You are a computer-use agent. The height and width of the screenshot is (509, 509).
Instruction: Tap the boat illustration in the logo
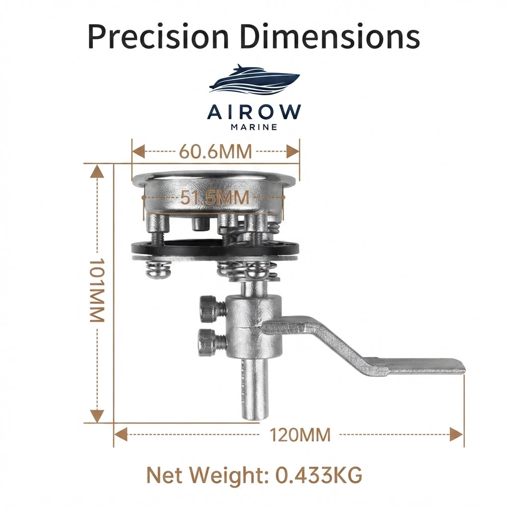point(254,80)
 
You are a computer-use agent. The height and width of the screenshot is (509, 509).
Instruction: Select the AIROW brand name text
point(254,112)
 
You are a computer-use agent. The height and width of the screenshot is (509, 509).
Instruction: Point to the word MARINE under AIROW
point(254,127)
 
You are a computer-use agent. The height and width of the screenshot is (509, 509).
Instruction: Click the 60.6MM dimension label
point(216,151)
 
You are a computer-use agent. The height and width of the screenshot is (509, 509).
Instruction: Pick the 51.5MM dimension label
point(215,198)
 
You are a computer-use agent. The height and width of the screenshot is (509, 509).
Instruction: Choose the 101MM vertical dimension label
point(97,290)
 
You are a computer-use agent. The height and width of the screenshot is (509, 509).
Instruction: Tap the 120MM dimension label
point(300,434)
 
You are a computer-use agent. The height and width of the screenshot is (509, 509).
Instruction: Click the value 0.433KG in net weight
point(319,476)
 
